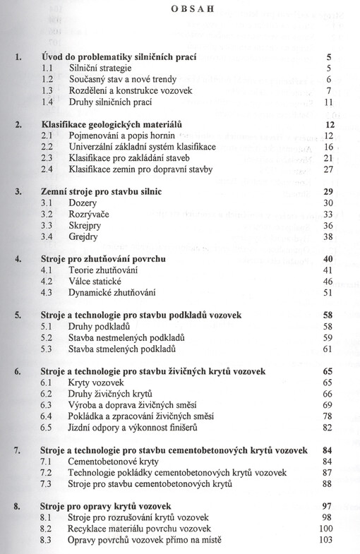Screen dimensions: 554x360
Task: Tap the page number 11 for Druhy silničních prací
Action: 327,102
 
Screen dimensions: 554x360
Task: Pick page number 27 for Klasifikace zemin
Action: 327,169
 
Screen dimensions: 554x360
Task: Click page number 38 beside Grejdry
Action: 327,237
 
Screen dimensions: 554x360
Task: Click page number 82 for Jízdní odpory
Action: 327,428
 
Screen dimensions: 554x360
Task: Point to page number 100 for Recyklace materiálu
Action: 325,529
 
